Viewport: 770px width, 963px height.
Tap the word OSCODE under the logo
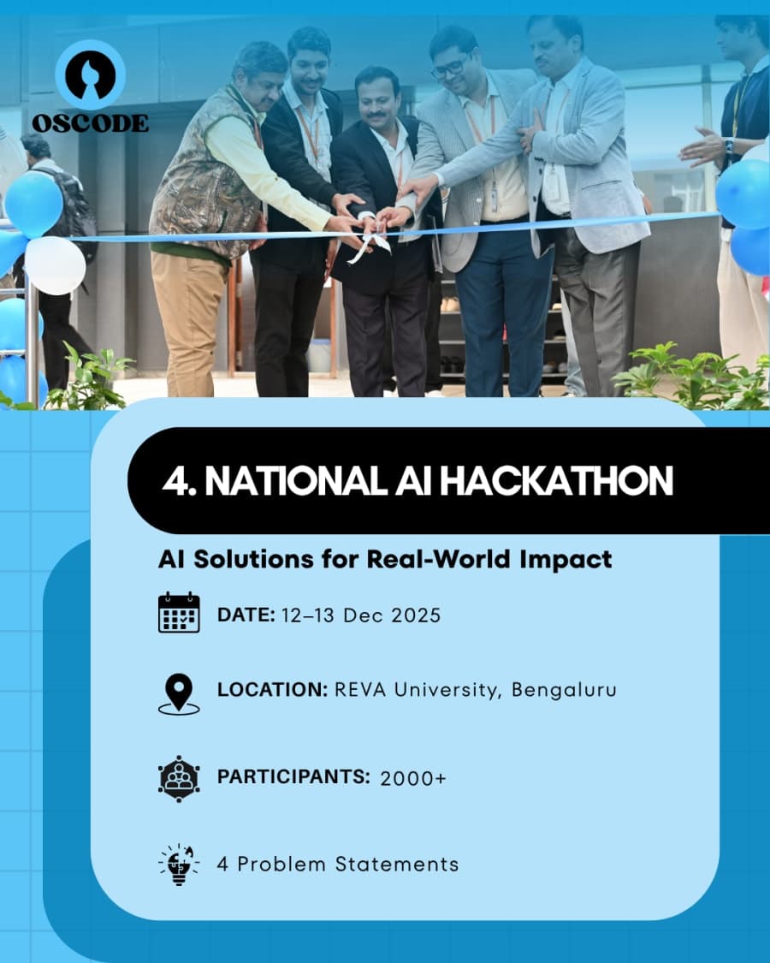point(90,122)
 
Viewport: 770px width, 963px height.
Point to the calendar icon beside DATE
point(179,613)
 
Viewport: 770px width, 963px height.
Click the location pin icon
point(179,693)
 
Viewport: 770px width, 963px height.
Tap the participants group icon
point(179,777)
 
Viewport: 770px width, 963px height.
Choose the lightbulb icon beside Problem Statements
point(179,864)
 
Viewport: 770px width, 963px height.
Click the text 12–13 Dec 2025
point(360,615)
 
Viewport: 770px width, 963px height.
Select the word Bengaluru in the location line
point(564,690)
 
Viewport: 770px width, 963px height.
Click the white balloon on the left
point(55,265)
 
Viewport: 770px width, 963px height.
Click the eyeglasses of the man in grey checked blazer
point(451,67)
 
